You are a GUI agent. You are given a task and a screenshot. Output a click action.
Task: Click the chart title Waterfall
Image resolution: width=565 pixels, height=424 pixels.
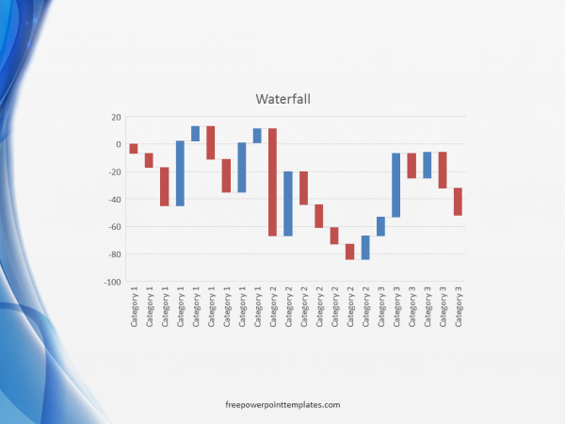click(x=282, y=98)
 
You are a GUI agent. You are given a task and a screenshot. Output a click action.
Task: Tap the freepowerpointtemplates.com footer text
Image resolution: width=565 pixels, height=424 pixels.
click(x=282, y=403)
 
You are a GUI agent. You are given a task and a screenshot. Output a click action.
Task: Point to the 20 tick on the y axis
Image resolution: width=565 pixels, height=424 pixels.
click(x=117, y=117)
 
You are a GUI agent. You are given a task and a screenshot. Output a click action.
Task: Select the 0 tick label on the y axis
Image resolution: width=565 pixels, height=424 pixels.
click(x=119, y=144)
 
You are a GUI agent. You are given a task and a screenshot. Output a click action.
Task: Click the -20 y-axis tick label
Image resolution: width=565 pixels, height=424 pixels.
click(x=115, y=171)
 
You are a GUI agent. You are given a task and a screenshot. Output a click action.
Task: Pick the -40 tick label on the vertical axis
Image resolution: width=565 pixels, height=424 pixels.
click(x=115, y=200)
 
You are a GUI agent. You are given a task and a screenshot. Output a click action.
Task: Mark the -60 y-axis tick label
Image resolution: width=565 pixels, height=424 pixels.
click(x=115, y=227)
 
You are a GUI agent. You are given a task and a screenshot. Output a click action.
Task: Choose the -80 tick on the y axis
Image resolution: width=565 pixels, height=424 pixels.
click(x=115, y=254)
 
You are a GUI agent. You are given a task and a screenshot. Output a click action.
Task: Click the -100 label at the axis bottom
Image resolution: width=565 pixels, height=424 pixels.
click(x=113, y=282)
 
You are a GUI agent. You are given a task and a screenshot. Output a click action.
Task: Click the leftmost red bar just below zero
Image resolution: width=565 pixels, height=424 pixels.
click(x=134, y=148)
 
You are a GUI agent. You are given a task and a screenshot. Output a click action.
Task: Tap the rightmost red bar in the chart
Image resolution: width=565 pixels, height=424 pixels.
click(x=458, y=202)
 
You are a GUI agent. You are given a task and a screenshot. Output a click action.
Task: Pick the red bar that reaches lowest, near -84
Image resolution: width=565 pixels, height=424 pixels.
click(x=349, y=252)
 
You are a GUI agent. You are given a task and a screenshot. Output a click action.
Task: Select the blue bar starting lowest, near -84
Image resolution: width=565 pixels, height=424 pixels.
click(x=365, y=247)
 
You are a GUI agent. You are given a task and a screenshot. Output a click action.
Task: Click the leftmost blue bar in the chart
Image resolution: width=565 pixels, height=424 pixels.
click(x=180, y=173)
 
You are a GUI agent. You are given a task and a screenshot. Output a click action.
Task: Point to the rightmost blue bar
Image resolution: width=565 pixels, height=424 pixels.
click(x=427, y=165)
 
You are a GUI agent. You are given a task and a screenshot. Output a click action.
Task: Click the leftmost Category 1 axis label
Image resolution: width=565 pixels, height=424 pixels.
click(x=134, y=307)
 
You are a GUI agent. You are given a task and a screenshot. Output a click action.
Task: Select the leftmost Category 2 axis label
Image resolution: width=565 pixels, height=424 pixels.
click(x=272, y=307)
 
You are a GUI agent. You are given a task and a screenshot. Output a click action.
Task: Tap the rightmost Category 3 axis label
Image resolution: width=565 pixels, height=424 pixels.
click(x=458, y=307)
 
